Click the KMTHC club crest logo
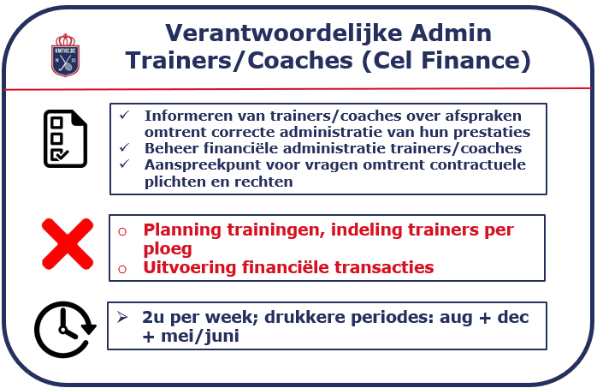pyautogui.click(x=66, y=56)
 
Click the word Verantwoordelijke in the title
pyautogui.click(x=284, y=33)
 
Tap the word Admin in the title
pyautogui.click(x=451, y=33)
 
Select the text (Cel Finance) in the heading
pyautogui.click(x=446, y=61)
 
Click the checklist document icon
pyautogui.click(x=66, y=139)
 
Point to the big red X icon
pyautogui.click(x=68, y=244)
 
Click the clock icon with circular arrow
pyautogui.click(x=65, y=330)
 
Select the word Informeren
pyautogui.click(x=189, y=116)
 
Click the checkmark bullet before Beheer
pyautogui.click(x=125, y=147)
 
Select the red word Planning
pyautogui.click(x=182, y=230)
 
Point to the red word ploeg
pyautogui.click(x=168, y=249)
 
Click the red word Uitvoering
pyautogui.click(x=190, y=268)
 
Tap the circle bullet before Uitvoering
pyautogui.click(x=122, y=270)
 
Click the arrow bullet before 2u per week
pyautogui.click(x=122, y=317)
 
